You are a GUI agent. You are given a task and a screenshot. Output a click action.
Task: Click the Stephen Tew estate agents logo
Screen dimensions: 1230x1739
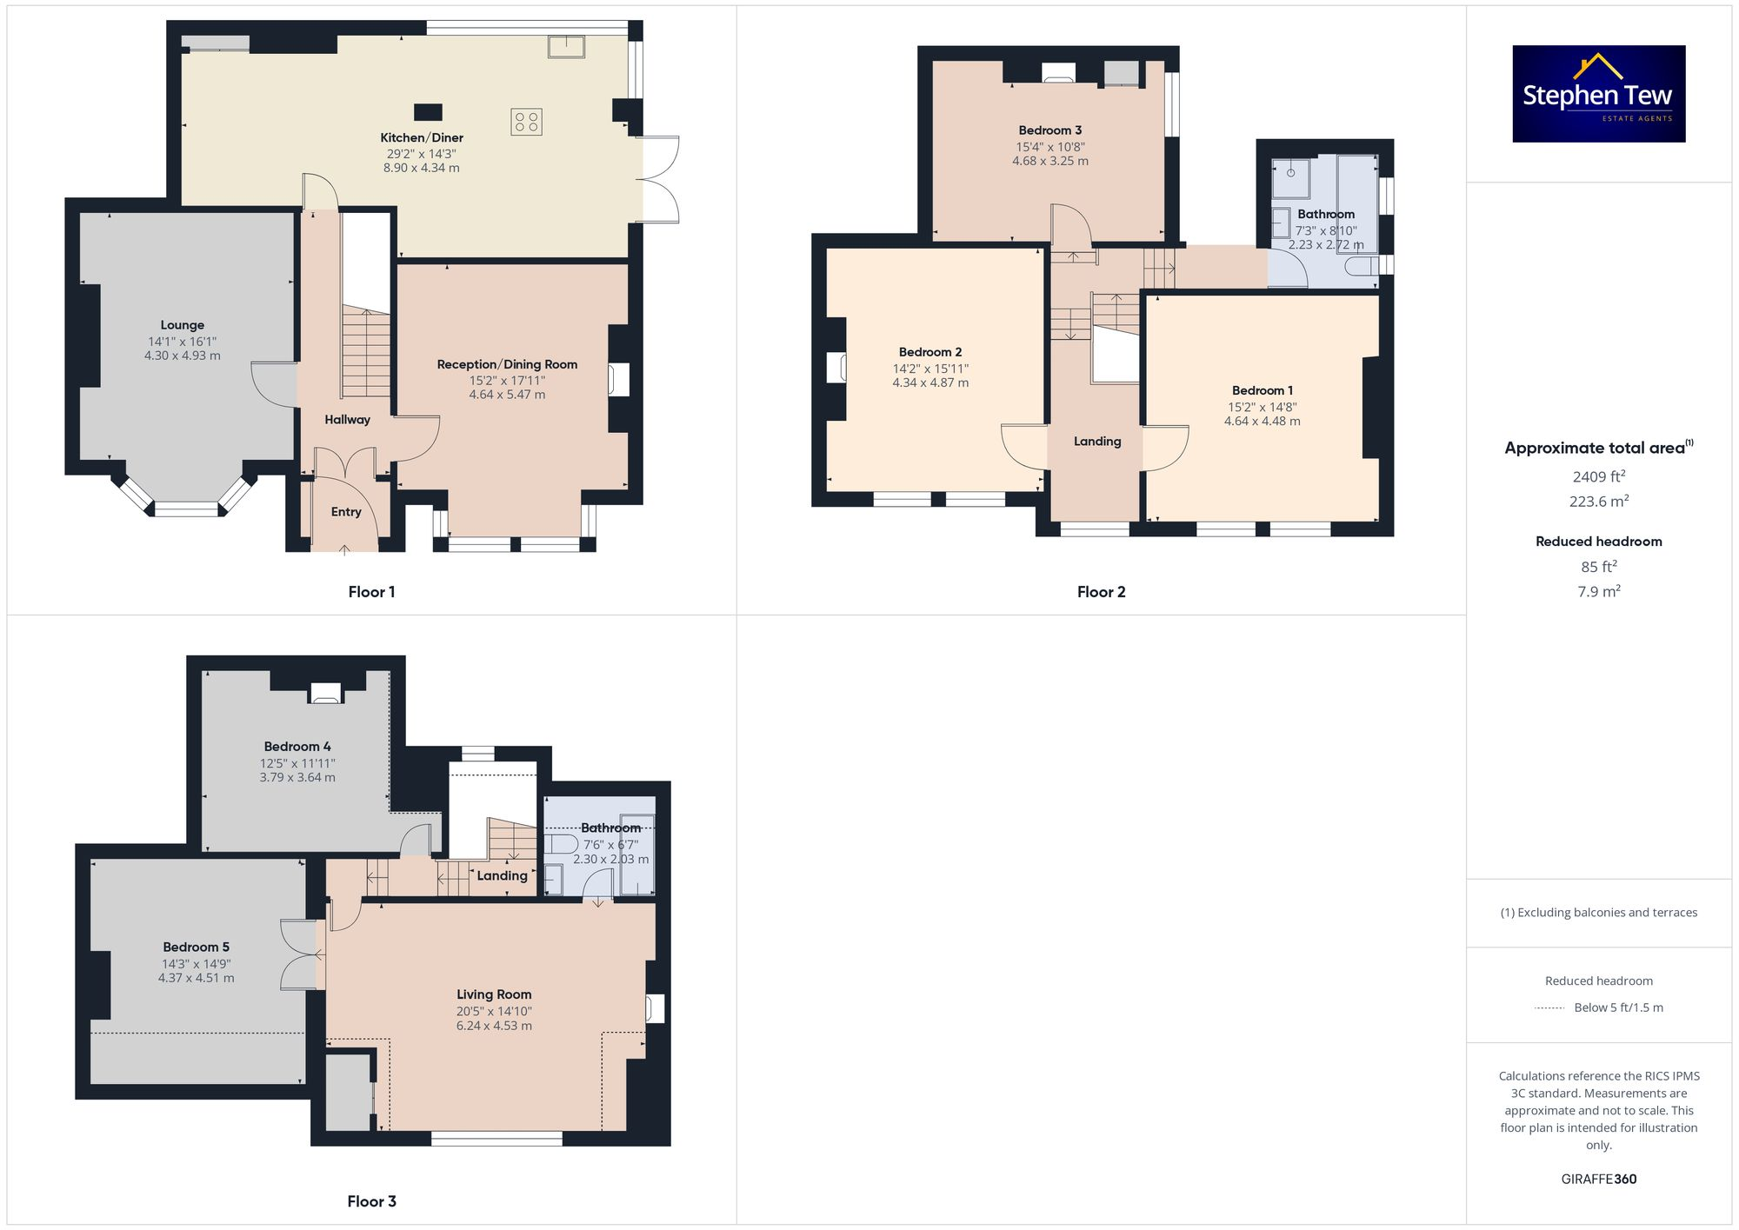click(1598, 94)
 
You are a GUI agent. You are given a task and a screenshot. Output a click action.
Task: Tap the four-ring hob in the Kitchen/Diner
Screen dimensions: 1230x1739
click(526, 122)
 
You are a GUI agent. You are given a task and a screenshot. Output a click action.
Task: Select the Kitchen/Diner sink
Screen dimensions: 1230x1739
click(566, 46)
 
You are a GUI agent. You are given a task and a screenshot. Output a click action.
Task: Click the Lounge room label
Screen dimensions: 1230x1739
click(183, 325)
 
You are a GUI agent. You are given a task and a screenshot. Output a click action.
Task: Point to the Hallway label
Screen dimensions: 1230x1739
click(347, 420)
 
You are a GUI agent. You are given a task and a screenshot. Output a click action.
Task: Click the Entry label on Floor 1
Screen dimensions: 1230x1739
click(346, 512)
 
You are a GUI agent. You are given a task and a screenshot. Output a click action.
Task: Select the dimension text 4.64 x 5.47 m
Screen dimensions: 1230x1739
click(507, 395)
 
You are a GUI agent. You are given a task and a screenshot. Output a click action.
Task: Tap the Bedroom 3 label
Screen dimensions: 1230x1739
click(1050, 130)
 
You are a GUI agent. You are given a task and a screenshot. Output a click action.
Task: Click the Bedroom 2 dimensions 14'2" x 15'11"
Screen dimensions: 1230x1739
click(930, 369)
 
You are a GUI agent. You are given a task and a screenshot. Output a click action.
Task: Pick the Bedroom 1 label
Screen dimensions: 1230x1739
click(1262, 390)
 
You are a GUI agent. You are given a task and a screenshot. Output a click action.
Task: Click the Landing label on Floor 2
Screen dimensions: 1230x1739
click(1097, 442)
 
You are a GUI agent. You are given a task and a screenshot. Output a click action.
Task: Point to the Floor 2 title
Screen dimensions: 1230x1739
click(1101, 592)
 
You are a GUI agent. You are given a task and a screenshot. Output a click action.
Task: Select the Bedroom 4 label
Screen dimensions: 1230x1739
click(297, 747)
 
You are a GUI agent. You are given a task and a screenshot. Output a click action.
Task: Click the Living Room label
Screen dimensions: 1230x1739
click(494, 994)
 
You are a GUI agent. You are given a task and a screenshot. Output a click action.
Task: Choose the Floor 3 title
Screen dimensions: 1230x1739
click(371, 1201)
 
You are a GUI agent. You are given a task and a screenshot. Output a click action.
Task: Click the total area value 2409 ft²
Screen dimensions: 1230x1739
click(1598, 476)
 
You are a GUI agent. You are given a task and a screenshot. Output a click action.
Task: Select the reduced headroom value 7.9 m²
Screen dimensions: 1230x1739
click(1598, 592)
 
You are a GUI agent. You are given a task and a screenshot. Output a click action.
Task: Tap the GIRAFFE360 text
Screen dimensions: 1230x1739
click(1598, 1180)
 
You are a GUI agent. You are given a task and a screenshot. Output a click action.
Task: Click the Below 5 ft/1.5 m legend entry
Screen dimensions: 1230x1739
click(1617, 1008)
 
